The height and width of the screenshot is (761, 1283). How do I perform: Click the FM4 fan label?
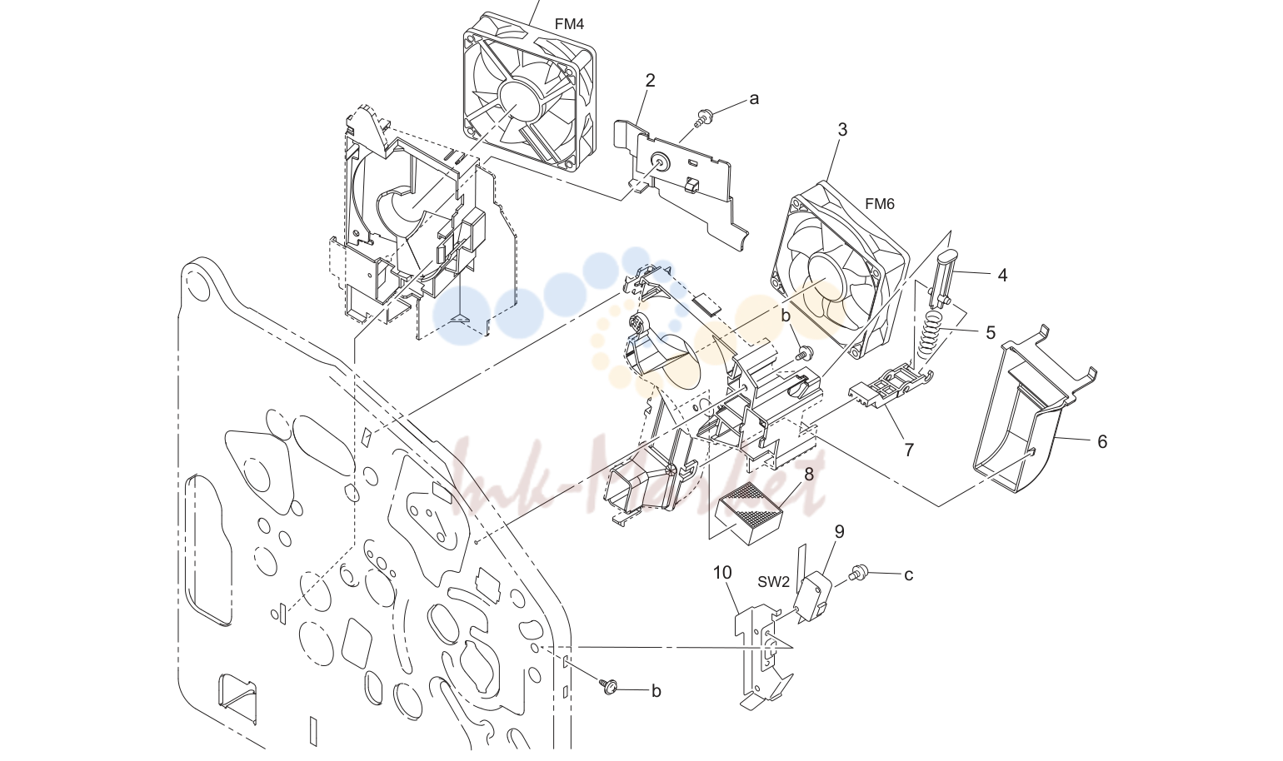(x=569, y=24)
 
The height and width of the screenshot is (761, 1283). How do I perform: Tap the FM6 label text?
(x=879, y=204)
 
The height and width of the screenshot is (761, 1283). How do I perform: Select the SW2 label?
(x=773, y=582)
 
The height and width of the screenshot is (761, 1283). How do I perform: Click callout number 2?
(x=650, y=81)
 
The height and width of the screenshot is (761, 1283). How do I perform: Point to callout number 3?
(x=842, y=130)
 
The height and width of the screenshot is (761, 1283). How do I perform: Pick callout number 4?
(x=1002, y=276)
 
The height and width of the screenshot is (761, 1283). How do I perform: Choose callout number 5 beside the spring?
(x=991, y=333)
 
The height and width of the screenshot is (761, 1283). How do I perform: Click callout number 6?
(x=1102, y=441)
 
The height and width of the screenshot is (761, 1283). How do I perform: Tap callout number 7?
(x=909, y=450)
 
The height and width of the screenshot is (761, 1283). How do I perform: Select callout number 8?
(x=809, y=474)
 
